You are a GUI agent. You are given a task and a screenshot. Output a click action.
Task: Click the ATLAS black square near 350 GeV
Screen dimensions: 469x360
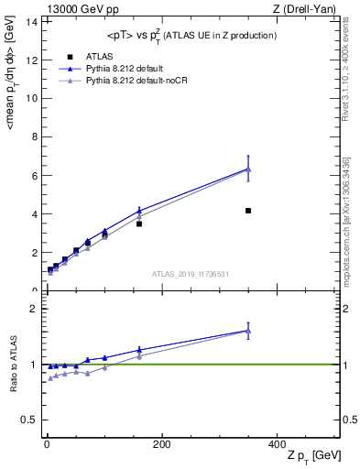coord(248,211)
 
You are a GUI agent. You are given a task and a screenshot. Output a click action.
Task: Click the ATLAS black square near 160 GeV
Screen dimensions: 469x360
coord(139,224)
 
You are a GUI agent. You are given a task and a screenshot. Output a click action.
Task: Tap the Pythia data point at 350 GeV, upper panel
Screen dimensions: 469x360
coord(248,169)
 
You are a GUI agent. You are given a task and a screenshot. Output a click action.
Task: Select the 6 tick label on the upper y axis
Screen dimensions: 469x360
coord(35,175)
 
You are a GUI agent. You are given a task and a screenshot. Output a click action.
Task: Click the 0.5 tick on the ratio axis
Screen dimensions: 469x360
coord(30,420)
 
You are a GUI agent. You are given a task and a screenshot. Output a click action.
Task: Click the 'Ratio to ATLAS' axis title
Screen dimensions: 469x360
coord(13,364)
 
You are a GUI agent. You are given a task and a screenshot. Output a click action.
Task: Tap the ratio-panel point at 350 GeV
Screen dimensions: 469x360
coord(248,331)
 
